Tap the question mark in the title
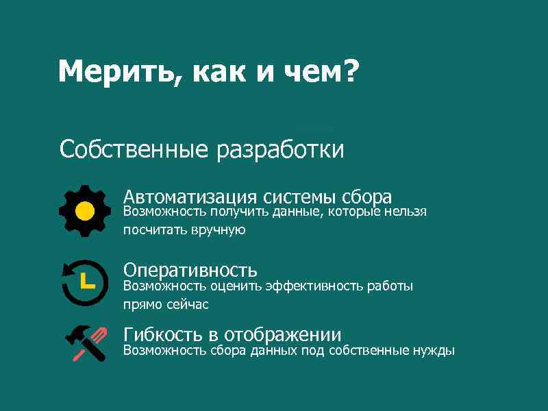pyautogui.click(x=349, y=72)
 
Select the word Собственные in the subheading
pyautogui.click(x=134, y=149)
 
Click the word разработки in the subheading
pyautogui.click(x=280, y=149)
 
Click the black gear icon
pyautogui.click(x=84, y=210)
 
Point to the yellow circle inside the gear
pyautogui.click(x=84, y=210)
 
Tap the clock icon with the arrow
pyautogui.click(x=84, y=282)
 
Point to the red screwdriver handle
pyautogui.click(x=97, y=336)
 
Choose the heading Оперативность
pyautogui.click(x=190, y=270)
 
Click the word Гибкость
pyautogui.click(x=162, y=335)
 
